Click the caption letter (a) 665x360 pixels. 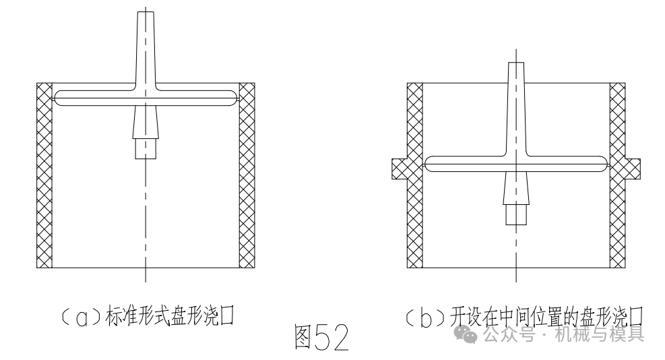coord(83,316)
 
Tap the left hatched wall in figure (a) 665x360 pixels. coord(44,175)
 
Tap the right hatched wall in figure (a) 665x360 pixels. coord(247,175)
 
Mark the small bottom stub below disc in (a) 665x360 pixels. coord(146,148)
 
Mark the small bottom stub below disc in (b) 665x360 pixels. coord(515,214)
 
